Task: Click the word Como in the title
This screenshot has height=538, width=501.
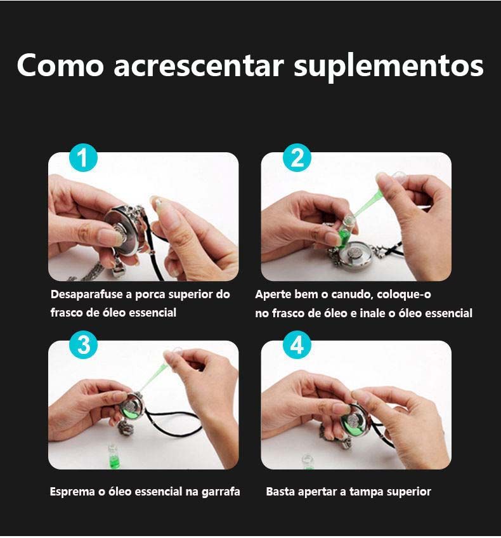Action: [x=60, y=65]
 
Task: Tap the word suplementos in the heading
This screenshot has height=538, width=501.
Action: [x=389, y=67]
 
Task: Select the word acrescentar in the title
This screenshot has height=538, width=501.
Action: [x=198, y=65]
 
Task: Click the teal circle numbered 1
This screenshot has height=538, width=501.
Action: [x=83, y=158]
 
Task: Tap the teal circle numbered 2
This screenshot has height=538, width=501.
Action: [x=297, y=158]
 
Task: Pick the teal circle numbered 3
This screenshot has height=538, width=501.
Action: [x=83, y=344]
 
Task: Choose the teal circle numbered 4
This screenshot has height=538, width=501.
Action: [x=297, y=344]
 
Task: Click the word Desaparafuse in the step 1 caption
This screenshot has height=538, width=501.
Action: [x=88, y=295]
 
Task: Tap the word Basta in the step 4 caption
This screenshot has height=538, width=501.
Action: [x=280, y=492]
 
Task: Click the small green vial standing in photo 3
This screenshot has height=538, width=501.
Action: [x=113, y=456]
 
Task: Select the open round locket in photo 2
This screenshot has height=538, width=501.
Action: [x=361, y=254]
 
